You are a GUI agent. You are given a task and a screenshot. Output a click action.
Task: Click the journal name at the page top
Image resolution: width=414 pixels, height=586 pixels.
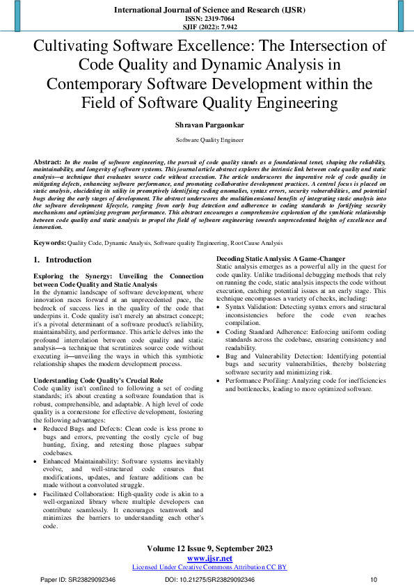(207, 10)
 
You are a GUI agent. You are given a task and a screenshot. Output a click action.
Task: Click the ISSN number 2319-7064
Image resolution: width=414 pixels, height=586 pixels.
(207, 19)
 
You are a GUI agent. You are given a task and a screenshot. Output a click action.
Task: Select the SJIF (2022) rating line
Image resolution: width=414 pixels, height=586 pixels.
(207, 27)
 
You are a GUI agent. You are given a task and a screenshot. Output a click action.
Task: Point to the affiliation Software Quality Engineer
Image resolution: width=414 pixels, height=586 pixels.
(207, 140)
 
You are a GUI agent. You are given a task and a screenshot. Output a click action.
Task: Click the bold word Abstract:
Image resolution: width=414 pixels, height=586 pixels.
(47, 161)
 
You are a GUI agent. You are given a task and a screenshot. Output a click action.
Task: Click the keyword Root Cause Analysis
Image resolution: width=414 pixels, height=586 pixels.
(258, 243)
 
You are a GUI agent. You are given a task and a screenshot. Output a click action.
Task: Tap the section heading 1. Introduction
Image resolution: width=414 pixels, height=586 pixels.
(63, 260)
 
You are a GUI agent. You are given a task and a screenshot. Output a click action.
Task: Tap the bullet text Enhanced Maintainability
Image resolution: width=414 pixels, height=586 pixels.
(81, 461)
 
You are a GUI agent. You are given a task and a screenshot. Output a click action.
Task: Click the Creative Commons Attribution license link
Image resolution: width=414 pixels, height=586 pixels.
(209, 567)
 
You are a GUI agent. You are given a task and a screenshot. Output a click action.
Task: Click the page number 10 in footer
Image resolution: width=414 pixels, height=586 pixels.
(374, 579)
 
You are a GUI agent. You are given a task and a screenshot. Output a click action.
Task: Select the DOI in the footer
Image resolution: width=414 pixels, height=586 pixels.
(209, 579)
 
